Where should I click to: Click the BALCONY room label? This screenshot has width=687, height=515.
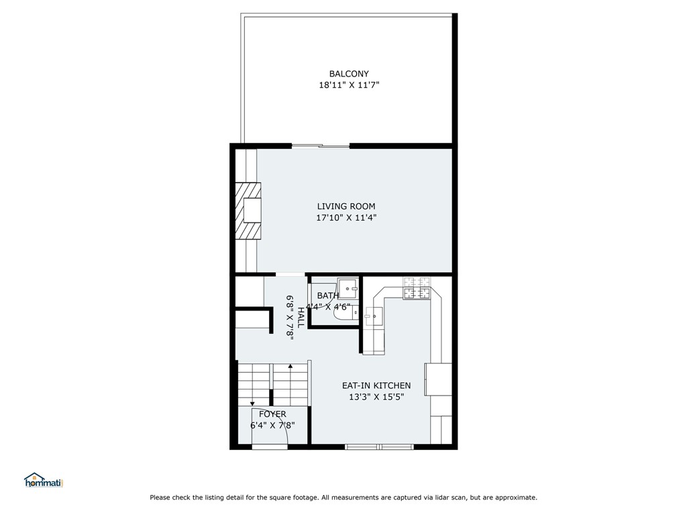(349, 74)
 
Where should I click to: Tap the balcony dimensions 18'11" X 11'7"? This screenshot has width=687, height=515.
(349, 85)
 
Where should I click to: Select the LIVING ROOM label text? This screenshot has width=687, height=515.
(346, 207)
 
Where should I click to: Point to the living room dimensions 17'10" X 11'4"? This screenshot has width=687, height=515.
(347, 218)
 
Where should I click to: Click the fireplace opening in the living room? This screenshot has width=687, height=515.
(252, 210)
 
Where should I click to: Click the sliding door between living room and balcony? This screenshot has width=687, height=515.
(321, 146)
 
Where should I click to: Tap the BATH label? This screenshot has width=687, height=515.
(327, 296)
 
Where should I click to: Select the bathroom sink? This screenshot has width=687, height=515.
(349, 288)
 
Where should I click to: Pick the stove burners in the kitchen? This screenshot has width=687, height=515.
(417, 288)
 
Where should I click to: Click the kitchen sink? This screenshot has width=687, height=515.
(374, 317)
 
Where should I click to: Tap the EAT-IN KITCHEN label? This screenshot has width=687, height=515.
(376, 386)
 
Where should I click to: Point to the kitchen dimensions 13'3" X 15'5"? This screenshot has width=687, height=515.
(376, 397)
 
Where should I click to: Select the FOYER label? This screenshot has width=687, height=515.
(272, 414)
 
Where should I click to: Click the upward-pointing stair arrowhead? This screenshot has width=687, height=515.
(290, 365)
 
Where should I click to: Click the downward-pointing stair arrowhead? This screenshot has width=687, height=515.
(253, 403)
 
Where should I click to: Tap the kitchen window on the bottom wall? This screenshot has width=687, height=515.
(380, 447)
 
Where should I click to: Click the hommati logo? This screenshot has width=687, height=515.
(44, 480)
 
